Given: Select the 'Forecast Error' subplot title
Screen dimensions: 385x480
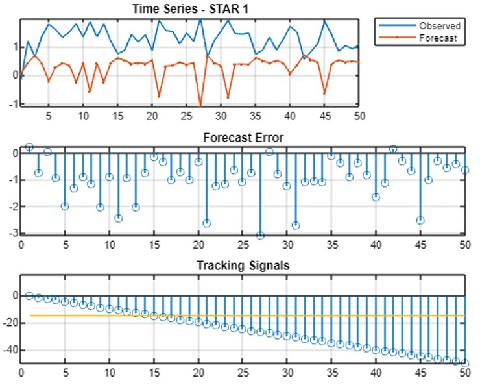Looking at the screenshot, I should (x=243, y=138).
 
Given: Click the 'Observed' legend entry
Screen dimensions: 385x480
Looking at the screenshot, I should (x=439, y=26).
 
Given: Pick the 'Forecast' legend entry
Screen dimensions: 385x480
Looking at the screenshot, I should (x=438, y=38).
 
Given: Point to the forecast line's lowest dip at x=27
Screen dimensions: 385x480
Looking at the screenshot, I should (x=200, y=105).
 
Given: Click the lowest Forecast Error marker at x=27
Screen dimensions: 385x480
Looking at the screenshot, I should (x=260, y=235).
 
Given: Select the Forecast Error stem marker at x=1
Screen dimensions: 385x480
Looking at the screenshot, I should (x=29, y=147).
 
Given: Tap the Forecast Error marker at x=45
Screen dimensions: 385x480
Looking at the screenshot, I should (x=420, y=220).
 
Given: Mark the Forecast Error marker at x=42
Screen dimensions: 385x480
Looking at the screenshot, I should (x=393, y=149).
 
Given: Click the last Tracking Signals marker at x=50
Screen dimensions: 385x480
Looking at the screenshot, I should (x=464, y=363).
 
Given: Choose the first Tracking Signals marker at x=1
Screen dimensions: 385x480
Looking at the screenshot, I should (x=29, y=295).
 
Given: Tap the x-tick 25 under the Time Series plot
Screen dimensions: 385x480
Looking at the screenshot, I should (x=186, y=116).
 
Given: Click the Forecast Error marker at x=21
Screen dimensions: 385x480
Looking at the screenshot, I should (x=207, y=223).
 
